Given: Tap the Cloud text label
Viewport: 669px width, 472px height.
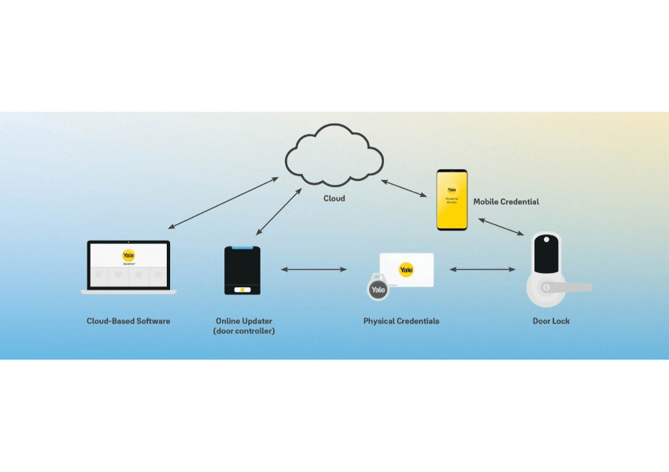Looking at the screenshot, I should tap(334, 199).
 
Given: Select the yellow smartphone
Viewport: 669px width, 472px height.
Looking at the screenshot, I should tap(452, 200).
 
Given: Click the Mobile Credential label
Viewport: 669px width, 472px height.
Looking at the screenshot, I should tap(506, 202).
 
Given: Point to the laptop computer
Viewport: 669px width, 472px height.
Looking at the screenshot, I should tap(128, 268).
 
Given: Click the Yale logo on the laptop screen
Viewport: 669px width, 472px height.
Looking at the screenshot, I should tap(128, 255).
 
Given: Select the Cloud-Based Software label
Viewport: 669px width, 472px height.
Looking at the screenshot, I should tap(128, 321).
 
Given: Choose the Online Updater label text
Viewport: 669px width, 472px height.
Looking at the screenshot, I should tap(244, 321).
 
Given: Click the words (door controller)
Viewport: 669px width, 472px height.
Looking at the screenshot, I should tap(244, 331).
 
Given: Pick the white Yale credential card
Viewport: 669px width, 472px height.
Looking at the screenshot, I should tap(406, 269).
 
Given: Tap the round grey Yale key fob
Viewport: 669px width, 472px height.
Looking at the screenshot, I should tap(378, 289).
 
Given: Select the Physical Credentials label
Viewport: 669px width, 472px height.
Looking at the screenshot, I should tap(401, 321).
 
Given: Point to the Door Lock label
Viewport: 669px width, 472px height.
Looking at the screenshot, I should tap(551, 321).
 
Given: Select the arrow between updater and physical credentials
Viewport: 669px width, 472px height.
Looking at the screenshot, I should tap(313, 270).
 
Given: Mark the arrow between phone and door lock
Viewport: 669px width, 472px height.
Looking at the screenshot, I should tap(501, 226).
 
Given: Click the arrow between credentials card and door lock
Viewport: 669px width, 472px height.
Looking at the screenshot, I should tap(482, 270).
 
